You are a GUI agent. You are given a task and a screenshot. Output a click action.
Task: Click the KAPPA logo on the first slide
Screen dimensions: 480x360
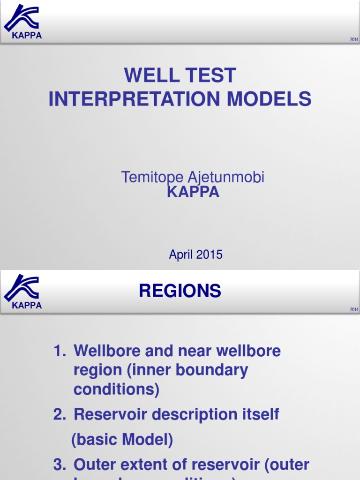[x=22, y=21]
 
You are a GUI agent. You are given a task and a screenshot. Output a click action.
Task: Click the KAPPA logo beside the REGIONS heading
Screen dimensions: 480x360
[x=22, y=291]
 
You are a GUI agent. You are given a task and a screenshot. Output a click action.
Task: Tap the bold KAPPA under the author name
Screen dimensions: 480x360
[x=193, y=192]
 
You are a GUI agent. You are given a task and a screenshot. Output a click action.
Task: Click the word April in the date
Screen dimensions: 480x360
[x=181, y=255]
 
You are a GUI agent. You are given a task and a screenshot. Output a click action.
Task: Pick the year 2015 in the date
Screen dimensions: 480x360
[x=209, y=255]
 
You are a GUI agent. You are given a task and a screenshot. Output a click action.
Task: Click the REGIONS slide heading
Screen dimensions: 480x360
[x=180, y=292]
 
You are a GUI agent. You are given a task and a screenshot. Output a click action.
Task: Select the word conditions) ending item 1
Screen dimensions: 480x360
[x=117, y=389]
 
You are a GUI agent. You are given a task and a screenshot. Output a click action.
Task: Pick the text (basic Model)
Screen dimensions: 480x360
[x=122, y=440]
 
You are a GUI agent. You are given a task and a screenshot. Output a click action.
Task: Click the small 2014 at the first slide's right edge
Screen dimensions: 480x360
[x=354, y=40]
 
